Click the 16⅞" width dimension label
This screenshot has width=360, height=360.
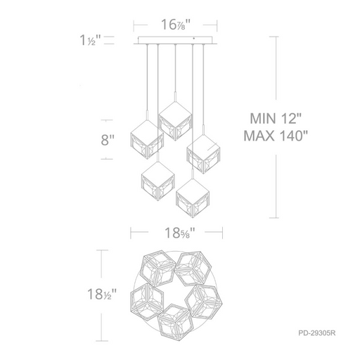[x=176, y=25]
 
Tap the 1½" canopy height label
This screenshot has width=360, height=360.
[x=90, y=40]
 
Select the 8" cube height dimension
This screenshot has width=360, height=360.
[x=108, y=140]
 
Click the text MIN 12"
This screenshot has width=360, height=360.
[x=276, y=118]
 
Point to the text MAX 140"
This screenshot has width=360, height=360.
[x=276, y=136]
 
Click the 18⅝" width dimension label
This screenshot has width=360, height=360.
[x=180, y=233]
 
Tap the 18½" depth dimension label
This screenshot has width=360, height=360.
[x=102, y=294]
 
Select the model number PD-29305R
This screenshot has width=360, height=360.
[x=317, y=333]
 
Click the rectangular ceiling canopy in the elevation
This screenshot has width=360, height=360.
[x=175, y=40]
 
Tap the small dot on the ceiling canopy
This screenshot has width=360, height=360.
[x=194, y=39]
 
